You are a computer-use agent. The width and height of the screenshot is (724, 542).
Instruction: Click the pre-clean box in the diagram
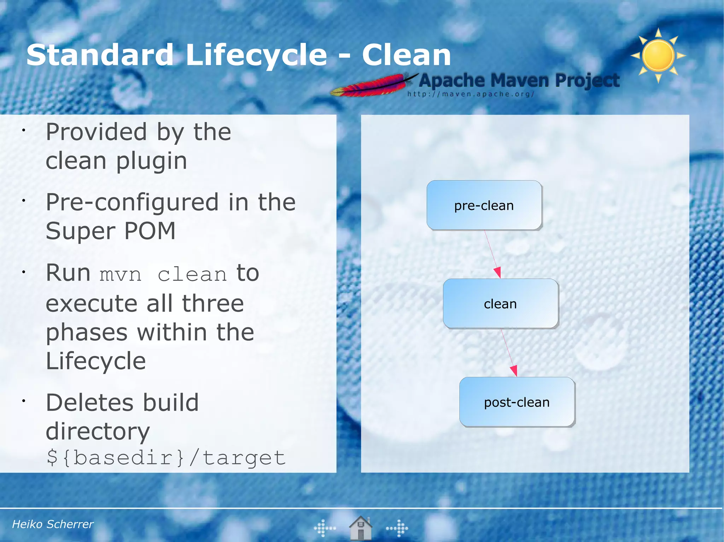point(484,205)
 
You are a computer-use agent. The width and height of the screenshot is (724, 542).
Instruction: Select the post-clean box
point(516,402)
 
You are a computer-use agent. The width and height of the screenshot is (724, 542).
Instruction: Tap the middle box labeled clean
point(500,304)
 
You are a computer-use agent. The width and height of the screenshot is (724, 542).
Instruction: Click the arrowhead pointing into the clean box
point(497,273)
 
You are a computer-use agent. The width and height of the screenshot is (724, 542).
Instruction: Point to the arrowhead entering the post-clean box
point(514,371)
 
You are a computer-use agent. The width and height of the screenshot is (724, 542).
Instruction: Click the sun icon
point(658,56)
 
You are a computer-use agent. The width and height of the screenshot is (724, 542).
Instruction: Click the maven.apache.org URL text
point(470,94)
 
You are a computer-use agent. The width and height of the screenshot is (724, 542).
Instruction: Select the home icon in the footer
point(360,528)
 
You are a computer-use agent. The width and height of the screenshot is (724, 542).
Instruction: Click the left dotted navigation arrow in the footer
point(325,528)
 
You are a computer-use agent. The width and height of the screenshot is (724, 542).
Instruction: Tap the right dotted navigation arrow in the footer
point(397,528)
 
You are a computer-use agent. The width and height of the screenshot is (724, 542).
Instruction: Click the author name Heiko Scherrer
point(53,524)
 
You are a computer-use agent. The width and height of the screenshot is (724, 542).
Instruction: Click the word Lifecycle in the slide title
point(256,55)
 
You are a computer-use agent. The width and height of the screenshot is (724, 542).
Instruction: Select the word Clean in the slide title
point(406,55)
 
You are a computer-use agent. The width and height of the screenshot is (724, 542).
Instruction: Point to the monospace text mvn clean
point(163,275)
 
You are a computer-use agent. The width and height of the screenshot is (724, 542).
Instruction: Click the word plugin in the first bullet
point(151,161)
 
